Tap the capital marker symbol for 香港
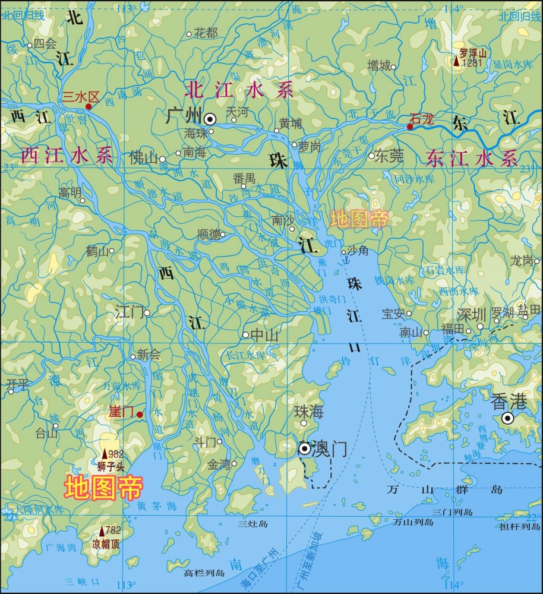[508, 418]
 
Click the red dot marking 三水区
[89, 106]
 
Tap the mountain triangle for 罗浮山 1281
[456, 61]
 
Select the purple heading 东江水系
[472, 158]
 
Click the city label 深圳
[471, 314]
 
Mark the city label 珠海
[308, 411]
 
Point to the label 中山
[264, 336]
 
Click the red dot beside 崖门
[139, 415]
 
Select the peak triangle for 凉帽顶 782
[102, 530]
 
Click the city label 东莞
[389, 156]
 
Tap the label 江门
[130, 312]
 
